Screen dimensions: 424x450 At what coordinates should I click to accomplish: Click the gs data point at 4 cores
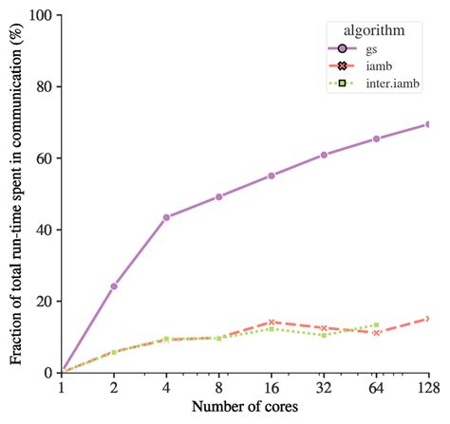(x=166, y=217)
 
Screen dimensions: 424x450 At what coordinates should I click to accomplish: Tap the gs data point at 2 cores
(x=114, y=286)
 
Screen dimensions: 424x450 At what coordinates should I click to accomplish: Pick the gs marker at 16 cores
(x=272, y=175)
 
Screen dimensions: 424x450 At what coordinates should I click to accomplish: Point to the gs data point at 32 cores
(x=324, y=155)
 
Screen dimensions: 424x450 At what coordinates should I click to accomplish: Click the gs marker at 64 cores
(x=376, y=138)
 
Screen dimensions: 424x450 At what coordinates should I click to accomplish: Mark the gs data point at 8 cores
(x=219, y=196)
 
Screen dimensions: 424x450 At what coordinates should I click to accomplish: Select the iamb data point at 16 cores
(x=272, y=323)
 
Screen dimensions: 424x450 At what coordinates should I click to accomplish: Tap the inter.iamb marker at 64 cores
(x=376, y=325)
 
